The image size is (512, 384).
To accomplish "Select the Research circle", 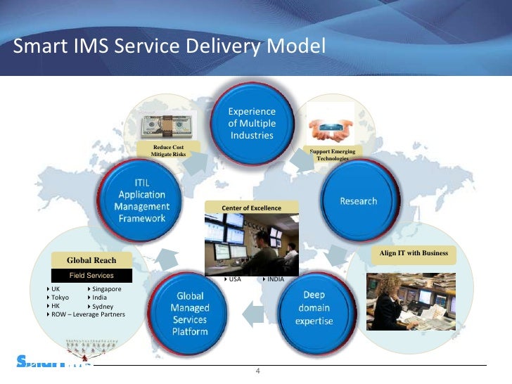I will point(358,200).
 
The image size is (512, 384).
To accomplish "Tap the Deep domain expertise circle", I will point(314,308).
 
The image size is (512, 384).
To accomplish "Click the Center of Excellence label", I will point(251,208).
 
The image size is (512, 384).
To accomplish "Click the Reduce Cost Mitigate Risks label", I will point(168,150).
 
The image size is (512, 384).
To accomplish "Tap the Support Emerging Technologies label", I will point(332,155).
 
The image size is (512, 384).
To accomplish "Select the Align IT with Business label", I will point(413,252).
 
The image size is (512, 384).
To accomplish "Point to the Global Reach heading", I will point(91,261).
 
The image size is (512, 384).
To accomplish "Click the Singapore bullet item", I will point(106,289).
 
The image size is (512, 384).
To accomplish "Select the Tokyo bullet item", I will point(60,297).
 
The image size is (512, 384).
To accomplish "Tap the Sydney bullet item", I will point(103,307).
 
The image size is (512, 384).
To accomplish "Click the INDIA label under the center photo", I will point(275,279).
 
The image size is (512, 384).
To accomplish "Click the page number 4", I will point(258,371).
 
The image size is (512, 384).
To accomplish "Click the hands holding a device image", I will point(331,129).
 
